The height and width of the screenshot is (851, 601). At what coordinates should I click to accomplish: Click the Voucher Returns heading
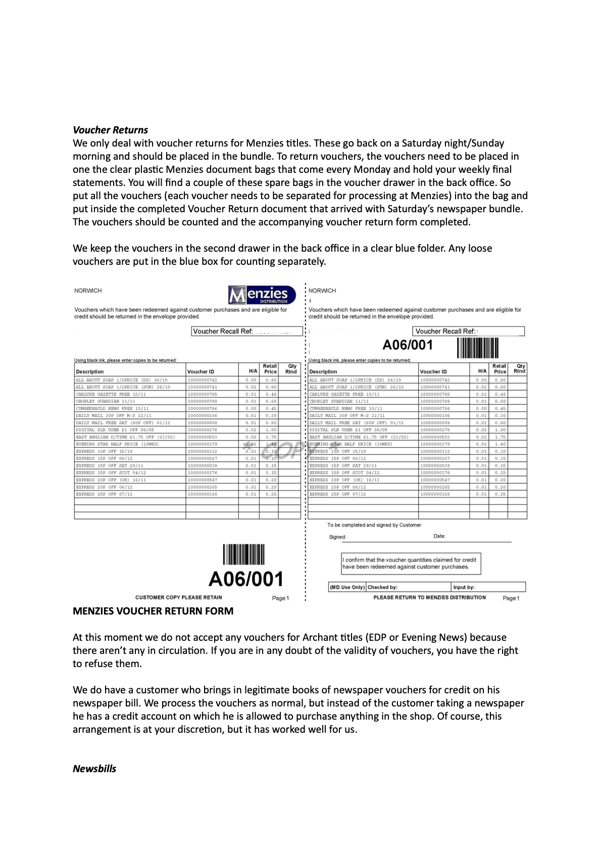(x=110, y=130)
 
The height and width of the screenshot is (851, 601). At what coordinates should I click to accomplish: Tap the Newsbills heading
(x=94, y=769)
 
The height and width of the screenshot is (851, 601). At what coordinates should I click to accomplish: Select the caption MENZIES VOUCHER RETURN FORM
(x=153, y=611)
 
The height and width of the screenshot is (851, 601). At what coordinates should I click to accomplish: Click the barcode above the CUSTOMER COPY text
(x=244, y=554)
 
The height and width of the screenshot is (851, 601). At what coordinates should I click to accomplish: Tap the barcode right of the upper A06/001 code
(x=478, y=347)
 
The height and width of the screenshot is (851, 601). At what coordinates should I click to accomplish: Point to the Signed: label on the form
(x=337, y=537)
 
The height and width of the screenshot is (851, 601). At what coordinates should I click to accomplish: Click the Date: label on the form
(x=439, y=536)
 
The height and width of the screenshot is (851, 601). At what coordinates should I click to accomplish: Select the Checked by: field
(x=408, y=587)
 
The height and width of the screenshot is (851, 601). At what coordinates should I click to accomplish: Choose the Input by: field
(x=488, y=587)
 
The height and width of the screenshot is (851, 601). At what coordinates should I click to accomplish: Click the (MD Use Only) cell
(x=347, y=587)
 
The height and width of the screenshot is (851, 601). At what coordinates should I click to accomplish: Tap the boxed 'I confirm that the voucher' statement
(x=411, y=563)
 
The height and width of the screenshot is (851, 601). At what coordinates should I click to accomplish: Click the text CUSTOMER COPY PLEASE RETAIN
(x=179, y=597)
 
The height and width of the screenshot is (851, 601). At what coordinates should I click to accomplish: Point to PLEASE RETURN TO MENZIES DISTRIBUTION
(x=429, y=597)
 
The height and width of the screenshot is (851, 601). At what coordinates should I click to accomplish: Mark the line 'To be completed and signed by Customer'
(x=374, y=525)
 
